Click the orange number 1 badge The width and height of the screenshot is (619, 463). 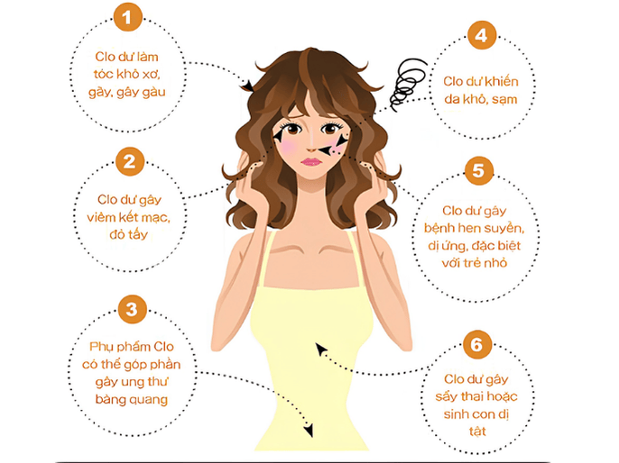[x=130, y=18]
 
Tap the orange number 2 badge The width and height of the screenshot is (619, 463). [x=130, y=164]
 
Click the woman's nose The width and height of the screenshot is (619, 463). [x=310, y=144]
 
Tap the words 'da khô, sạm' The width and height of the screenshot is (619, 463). [x=479, y=99]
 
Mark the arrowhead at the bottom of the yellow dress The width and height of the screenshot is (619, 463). [x=309, y=431]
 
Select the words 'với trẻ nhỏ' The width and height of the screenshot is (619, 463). [x=479, y=261]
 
